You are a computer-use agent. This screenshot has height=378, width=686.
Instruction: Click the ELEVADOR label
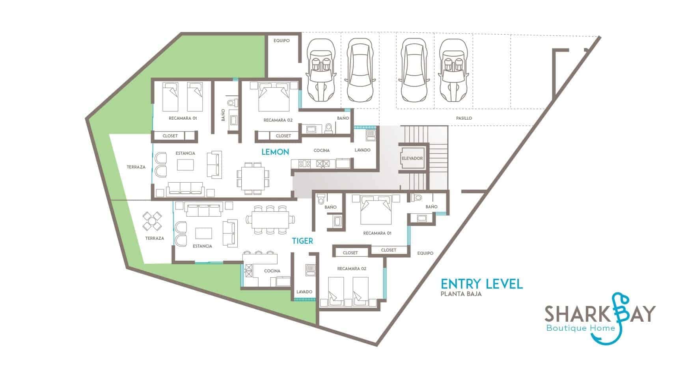pos(412,158)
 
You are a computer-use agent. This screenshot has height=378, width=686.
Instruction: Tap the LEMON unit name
pos(275,152)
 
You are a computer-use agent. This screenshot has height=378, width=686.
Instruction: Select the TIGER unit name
pos(302,241)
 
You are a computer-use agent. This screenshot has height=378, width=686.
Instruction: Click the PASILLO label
pos(464,118)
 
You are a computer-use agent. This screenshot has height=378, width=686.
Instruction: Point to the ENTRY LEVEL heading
pos(482,283)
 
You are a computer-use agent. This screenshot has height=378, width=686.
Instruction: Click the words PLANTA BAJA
pos(461,294)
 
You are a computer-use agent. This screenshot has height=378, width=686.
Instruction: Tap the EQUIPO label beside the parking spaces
pos(281,41)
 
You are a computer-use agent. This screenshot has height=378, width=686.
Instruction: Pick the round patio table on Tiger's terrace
pos(152,221)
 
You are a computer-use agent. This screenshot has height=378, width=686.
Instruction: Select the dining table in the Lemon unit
pos(253,178)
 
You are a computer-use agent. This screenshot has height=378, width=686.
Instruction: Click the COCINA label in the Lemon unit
pos(322,150)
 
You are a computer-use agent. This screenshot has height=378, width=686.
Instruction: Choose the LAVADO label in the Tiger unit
pos(304,292)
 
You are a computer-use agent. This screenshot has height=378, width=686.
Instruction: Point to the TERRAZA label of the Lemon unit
pos(136,167)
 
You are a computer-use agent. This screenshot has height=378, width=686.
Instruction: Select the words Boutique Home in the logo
pos(581,328)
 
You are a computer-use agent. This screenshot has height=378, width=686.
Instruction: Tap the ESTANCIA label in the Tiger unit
pos(202,246)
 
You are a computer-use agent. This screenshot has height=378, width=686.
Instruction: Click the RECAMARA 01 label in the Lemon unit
pos(183,118)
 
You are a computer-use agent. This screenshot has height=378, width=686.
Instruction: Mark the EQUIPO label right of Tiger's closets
pos(425,253)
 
